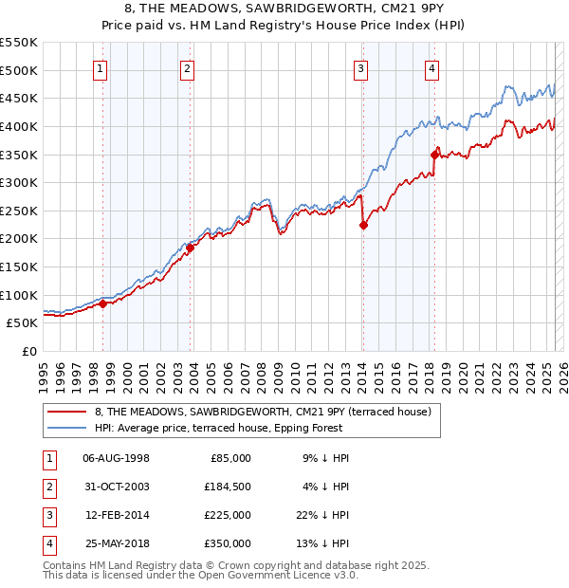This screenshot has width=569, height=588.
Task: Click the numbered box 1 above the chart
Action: click(100, 67)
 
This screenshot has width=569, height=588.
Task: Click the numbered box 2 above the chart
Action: click(188, 67)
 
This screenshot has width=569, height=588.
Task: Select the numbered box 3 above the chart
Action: click(361, 67)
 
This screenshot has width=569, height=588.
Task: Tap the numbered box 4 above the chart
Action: click(431, 67)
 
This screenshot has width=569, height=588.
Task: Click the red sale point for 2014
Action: click(363, 225)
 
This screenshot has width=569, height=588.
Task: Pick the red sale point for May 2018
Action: click(434, 155)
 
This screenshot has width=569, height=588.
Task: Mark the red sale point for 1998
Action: click(102, 303)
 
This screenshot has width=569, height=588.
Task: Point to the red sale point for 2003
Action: click(190, 248)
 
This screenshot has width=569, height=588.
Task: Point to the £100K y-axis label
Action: click(19, 295)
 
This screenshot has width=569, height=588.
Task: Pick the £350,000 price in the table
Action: click(228, 543)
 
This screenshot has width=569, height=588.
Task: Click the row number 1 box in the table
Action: click(47, 458)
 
